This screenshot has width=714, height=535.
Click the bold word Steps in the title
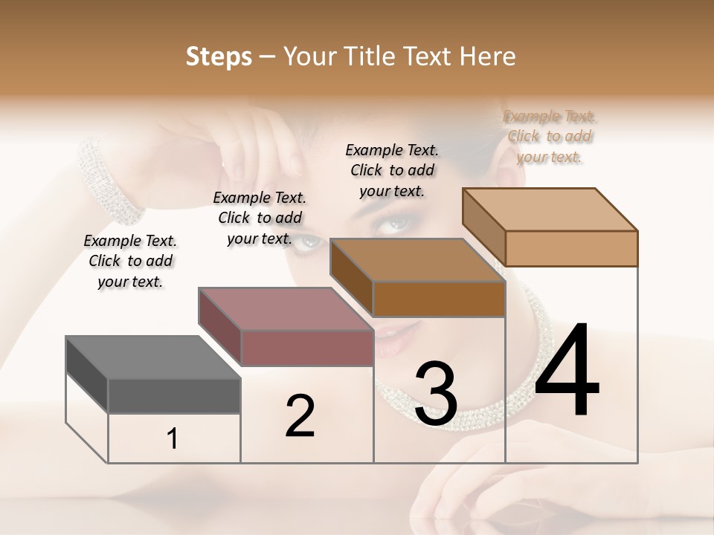(x=219, y=56)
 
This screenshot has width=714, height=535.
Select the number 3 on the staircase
(x=435, y=394)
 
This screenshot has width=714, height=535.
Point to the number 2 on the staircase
(x=300, y=415)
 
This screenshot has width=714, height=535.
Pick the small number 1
(x=173, y=438)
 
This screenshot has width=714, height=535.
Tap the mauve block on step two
(x=286, y=326)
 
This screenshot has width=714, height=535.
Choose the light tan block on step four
(x=550, y=227)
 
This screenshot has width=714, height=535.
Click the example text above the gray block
(x=130, y=261)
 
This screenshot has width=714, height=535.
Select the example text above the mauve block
(x=260, y=218)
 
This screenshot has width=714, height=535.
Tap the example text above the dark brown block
(x=392, y=170)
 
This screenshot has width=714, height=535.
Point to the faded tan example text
(x=550, y=136)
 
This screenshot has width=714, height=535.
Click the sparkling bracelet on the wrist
(x=112, y=182)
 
